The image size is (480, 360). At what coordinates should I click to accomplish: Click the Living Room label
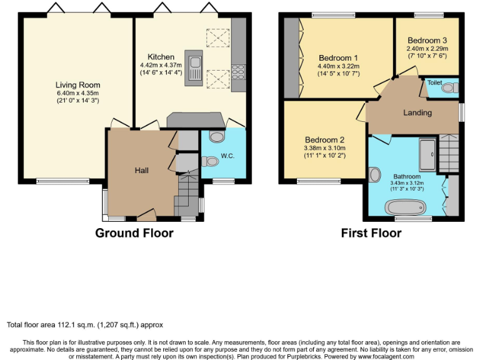tap(77, 85)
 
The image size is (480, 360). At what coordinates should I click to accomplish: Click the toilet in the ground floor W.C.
tap(211, 161)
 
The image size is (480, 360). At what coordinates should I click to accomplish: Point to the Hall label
tap(142, 171)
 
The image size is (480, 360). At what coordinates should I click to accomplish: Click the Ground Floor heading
tap(134, 233)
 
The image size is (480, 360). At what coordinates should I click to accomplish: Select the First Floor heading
tap(371, 233)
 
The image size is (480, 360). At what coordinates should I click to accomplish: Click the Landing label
tap(417, 113)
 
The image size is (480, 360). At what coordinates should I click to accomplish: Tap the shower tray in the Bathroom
tap(427, 155)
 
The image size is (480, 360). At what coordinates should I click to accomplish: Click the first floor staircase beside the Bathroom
tap(449, 153)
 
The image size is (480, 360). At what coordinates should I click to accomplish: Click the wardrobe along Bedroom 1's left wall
tap(292, 57)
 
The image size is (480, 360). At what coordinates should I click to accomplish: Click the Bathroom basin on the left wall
tap(375, 174)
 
